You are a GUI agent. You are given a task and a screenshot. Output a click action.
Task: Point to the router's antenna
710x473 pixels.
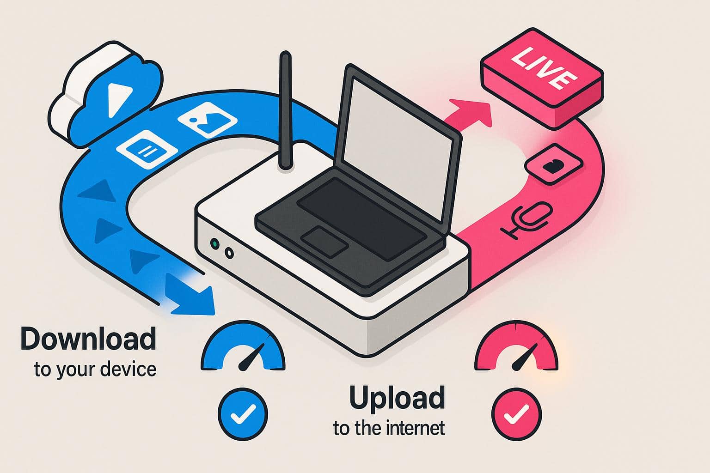[286, 111]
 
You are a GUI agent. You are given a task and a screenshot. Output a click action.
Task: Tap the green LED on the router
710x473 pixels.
[214, 243]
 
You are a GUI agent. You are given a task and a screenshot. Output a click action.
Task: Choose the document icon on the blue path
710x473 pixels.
[147, 150]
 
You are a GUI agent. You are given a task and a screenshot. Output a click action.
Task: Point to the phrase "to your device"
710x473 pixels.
[95, 370]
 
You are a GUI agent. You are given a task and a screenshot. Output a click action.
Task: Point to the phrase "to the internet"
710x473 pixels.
[389, 428]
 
